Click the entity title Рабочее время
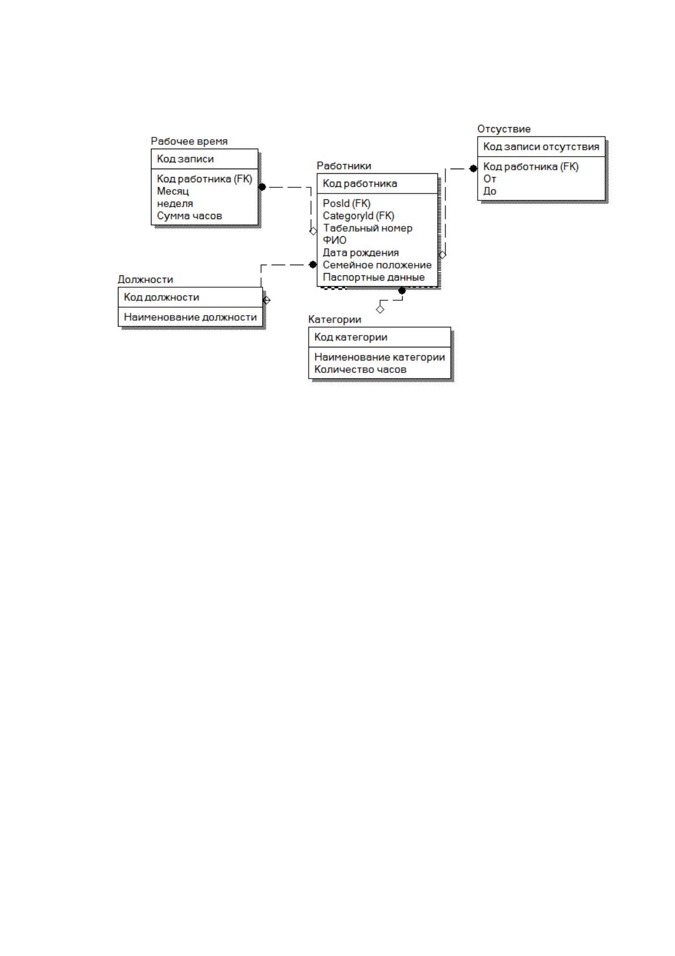[189, 141]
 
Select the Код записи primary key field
[185, 159]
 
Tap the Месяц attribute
[172, 191]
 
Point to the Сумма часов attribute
[189, 216]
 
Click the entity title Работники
[344, 166]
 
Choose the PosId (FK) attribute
[347, 204]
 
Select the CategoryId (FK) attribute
[358, 216]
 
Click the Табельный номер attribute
[368, 228]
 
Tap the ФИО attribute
[335, 240]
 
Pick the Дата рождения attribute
[361, 253]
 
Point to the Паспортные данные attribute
[374, 278]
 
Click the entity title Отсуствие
[504, 129]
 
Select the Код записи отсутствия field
[541, 147]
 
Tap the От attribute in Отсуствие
[490, 179]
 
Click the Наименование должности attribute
[190, 317]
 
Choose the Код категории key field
[351, 337]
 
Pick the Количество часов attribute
[360, 370]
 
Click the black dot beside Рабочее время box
[262, 187]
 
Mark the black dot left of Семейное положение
[313, 265]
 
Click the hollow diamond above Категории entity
[381, 309]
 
